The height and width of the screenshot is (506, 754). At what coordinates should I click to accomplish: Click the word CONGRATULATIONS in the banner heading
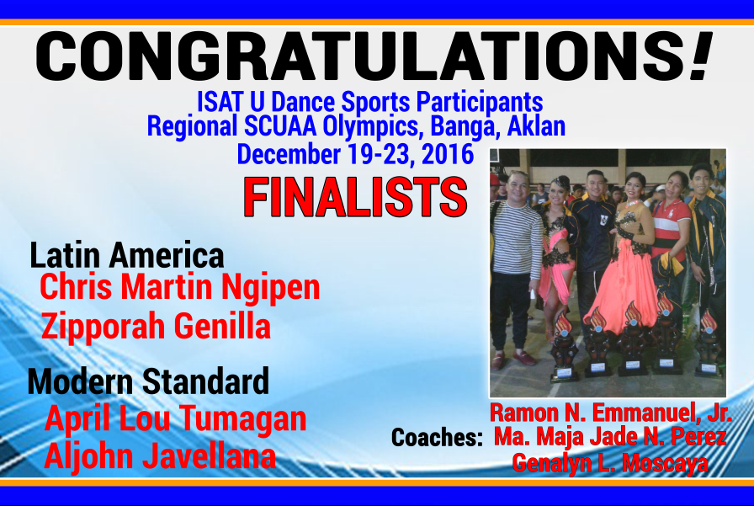pos(362,56)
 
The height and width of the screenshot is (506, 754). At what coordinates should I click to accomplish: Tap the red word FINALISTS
pos(355,197)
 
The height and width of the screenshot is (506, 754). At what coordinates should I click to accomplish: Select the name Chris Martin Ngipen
pos(180,287)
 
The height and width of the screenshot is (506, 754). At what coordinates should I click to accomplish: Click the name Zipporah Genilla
pos(156,327)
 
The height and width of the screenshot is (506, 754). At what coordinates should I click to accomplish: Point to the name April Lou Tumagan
pos(176,418)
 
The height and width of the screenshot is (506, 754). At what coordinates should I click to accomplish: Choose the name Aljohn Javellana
pos(160,456)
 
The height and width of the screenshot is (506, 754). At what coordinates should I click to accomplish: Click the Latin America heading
pos(127,255)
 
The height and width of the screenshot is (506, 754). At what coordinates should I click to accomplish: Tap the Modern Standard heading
pos(148,381)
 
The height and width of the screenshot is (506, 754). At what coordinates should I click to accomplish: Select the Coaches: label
pos(437,438)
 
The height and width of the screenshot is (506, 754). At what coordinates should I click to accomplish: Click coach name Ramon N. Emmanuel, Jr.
pos(611,413)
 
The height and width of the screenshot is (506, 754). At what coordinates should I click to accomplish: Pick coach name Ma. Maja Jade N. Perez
pos(610,436)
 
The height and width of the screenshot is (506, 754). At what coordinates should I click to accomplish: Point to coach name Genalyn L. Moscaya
pos(610,463)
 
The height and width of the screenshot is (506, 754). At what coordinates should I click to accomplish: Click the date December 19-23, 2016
pos(355,154)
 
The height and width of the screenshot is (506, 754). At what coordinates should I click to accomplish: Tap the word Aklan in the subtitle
pos(536,126)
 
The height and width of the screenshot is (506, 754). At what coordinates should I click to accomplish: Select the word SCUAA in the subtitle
pos(280,126)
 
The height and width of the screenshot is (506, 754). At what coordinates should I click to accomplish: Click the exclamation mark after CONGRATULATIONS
pos(701,56)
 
